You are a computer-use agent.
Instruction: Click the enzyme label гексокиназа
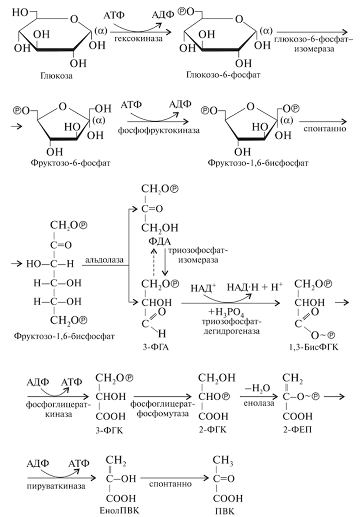coord(138,38)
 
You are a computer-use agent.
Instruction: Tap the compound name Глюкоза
coord(57,76)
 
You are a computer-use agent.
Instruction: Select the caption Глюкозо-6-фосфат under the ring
coord(223,75)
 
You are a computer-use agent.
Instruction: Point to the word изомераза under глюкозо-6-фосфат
coord(314,49)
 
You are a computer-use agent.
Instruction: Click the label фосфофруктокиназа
coord(159,130)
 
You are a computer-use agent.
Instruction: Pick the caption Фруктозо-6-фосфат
coord(71,163)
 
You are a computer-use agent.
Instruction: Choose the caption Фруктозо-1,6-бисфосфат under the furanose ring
coord(258,163)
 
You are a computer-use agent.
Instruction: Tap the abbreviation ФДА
coord(159,242)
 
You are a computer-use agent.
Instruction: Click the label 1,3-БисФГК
coord(313,347)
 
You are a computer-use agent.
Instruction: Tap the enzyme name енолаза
coord(259,403)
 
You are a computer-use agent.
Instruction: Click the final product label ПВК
coord(224,512)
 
